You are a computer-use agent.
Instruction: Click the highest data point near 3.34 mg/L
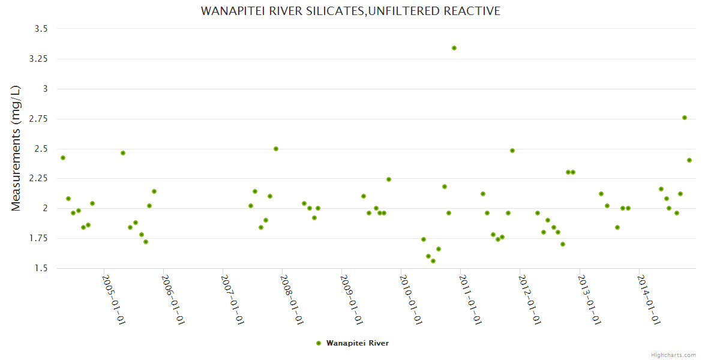pos(454,48)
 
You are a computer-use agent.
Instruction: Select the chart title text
pos(350,11)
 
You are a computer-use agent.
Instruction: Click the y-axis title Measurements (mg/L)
pos(16,148)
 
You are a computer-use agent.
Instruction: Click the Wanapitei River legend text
pos(358,343)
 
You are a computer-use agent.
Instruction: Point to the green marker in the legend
pos(319,343)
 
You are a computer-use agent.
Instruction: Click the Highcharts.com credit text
pos(673,355)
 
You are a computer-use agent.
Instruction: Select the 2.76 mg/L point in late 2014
pos(685,118)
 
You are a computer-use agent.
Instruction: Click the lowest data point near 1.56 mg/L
pos(433,261)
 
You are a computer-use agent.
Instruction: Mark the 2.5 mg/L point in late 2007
pos(276,149)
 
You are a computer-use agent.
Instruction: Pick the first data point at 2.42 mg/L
pos(63,158)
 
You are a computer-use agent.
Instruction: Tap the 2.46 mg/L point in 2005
pos(123,153)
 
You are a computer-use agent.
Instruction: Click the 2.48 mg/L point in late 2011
pos(512,151)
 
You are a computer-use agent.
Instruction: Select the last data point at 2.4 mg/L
pos(689,160)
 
